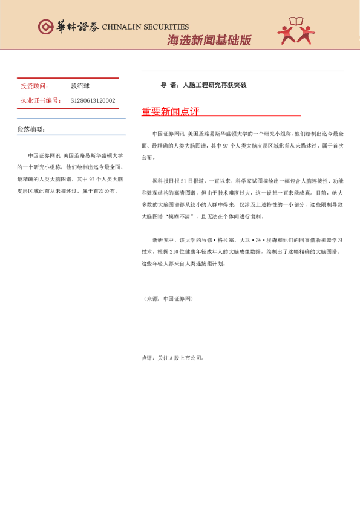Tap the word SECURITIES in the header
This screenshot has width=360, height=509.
click(168, 27)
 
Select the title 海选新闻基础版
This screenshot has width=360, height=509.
click(209, 41)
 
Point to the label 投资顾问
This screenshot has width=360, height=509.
click(34, 86)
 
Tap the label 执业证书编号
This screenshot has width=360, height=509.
click(41, 101)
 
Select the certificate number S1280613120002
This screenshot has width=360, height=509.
click(93, 101)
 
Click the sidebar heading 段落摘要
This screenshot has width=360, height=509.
click(31, 130)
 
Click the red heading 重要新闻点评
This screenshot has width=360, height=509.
click(170, 112)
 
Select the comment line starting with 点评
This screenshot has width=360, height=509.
click(172, 358)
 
